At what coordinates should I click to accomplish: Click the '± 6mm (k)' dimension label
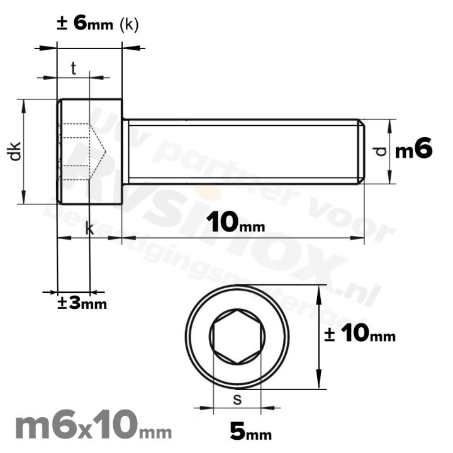(98, 24)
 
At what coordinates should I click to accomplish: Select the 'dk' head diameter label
(15, 151)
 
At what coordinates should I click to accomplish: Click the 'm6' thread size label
(413, 150)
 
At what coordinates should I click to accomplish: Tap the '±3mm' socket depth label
(82, 303)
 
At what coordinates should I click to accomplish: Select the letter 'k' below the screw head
(89, 229)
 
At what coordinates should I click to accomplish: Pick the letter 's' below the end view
(237, 400)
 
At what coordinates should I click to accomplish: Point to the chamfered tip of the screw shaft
(361, 151)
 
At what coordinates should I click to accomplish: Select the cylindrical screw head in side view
(89, 151)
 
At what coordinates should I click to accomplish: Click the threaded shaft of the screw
(242, 151)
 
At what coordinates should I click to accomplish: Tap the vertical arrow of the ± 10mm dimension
(320, 337)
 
